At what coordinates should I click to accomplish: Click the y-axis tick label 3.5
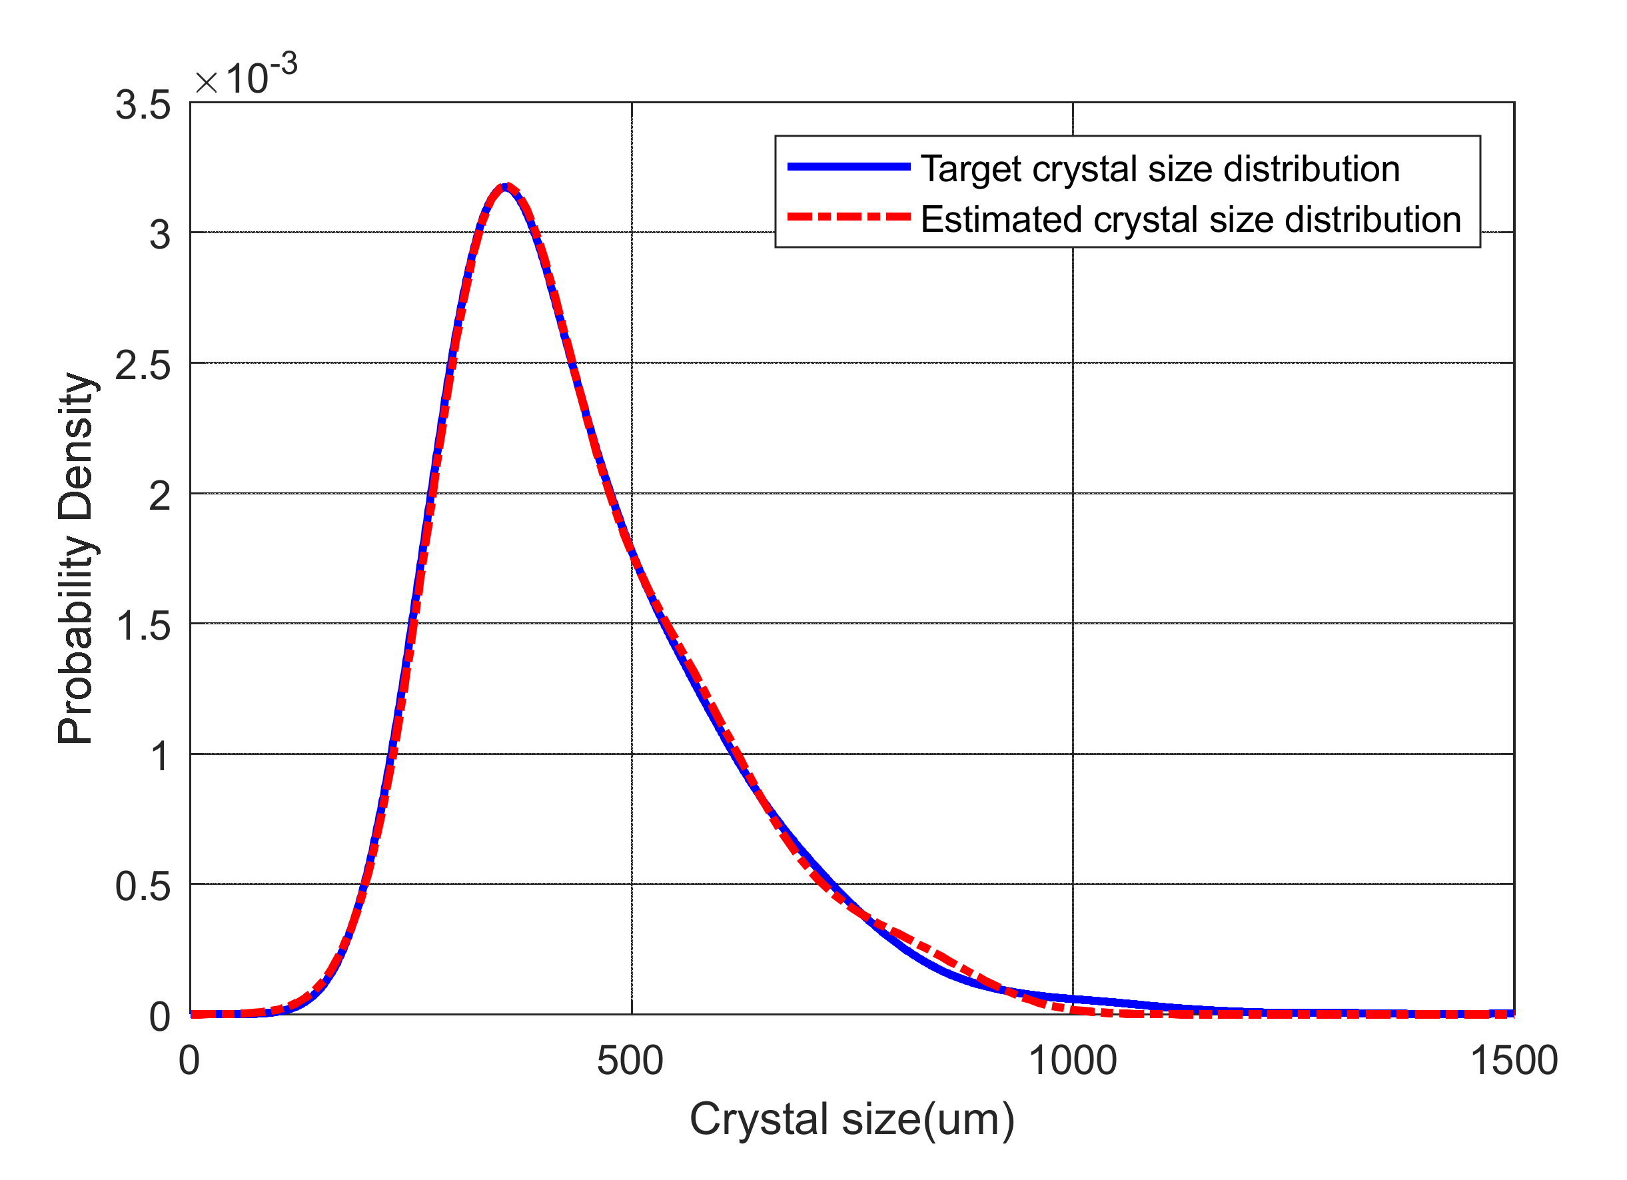143,105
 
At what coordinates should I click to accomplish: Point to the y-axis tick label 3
159,235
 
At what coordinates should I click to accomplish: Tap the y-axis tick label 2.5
143,366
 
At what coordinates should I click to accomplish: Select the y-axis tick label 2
159,496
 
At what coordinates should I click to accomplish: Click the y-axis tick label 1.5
143,626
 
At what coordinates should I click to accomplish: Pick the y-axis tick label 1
159,757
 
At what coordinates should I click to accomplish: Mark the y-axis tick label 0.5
143,887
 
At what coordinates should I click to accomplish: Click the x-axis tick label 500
630,1061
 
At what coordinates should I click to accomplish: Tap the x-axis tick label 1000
1073,1061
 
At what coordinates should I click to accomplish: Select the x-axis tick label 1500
1514,1061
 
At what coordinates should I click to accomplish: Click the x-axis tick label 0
189,1061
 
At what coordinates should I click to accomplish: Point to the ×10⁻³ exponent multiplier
246,75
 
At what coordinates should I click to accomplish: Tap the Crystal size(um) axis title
851,1119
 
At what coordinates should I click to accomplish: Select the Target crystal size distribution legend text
1159,169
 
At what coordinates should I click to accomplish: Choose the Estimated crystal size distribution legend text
1190,219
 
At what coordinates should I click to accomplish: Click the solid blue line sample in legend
849,167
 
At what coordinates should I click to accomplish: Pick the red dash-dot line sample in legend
849,217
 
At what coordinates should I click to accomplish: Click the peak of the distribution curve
506,187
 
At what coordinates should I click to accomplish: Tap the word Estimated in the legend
1001,219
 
